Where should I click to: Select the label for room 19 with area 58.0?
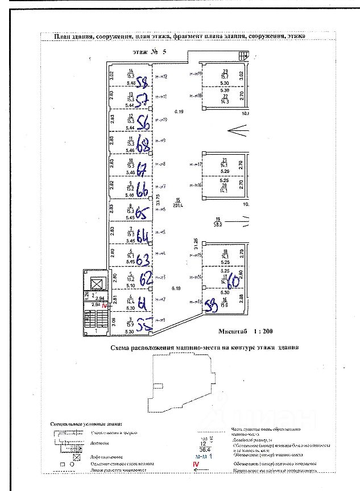pos(217,221)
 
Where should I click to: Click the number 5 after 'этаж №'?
pos(164,51)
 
